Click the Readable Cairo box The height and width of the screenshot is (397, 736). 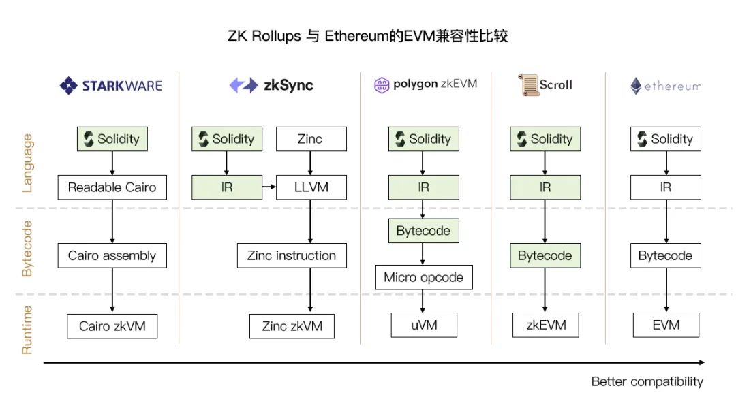tap(112, 187)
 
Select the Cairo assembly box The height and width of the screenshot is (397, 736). tap(112, 256)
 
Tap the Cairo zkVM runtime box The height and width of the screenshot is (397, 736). tap(112, 326)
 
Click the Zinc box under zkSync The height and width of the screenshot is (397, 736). tap(311, 139)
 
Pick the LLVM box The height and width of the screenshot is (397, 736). tap(311, 187)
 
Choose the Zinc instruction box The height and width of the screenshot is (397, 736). tap(292, 256)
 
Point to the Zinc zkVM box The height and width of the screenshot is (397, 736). tap(292, 326)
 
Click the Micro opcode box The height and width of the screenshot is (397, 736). tap(423, 277)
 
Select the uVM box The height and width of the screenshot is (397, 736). tap(423, 325)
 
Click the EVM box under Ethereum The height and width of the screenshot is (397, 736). tap(665, 325)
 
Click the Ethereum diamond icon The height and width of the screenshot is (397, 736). tap(635, 86)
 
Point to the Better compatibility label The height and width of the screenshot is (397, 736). tap(647, 381)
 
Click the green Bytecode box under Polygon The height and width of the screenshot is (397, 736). tap(423, 231)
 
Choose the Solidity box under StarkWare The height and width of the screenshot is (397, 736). tap(112, 139)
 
